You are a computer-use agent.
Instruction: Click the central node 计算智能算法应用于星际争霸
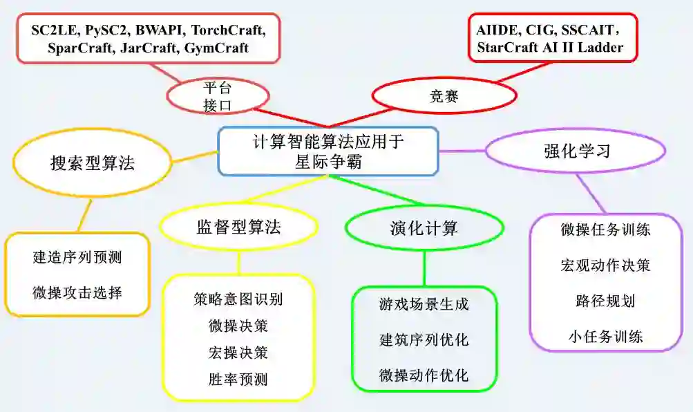[x=328, y=151]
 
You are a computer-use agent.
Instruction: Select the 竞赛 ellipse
[x=444, y=96]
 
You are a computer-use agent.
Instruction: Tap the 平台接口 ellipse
[x=218, y=96]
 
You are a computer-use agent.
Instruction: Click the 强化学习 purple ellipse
[x=577, y=151]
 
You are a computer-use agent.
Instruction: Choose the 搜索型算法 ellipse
[x=92, y=163]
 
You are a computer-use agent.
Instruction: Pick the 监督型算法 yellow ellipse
[x=238, y=227]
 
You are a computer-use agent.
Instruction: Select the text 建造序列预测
[x=77, y=257]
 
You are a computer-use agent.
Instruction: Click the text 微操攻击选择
[x=77, y=292]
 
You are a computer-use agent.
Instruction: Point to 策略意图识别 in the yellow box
[x=238, y=299]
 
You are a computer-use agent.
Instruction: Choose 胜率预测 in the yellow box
[x=238, y=379]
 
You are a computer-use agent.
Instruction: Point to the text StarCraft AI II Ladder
[x=550, y=48]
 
